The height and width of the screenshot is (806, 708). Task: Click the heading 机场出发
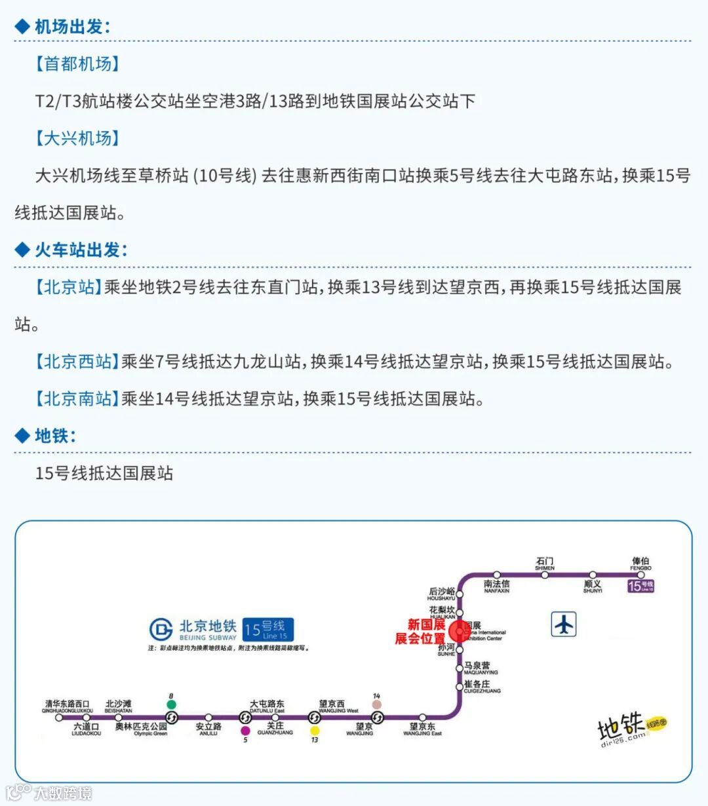click(72, 27)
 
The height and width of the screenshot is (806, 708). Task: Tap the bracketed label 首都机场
click(77, 64)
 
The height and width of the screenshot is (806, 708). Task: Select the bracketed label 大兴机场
click(77, 138)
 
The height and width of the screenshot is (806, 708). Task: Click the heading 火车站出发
click(81, 250)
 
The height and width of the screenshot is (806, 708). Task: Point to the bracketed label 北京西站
click(77, 362)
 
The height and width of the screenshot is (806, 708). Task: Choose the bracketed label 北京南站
click(77, 398)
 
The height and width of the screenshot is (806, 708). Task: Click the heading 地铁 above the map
click(55, 436)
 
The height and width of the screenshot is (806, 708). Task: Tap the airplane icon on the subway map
click(564, 624)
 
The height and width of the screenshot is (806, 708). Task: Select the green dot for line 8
click(172, 704)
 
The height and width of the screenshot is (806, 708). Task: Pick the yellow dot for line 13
click(315, 731)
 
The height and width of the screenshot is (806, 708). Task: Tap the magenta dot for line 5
click(245, 731)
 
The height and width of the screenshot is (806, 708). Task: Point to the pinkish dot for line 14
click(376, 704)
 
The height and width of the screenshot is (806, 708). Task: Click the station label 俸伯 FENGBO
click(640, 564)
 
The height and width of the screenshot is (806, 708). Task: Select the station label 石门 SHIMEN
click(545, 564)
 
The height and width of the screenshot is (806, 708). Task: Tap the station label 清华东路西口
click(68, 706)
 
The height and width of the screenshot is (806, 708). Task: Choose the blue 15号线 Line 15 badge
click(267, 630)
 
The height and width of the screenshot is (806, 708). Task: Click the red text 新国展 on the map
click(426, 625)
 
